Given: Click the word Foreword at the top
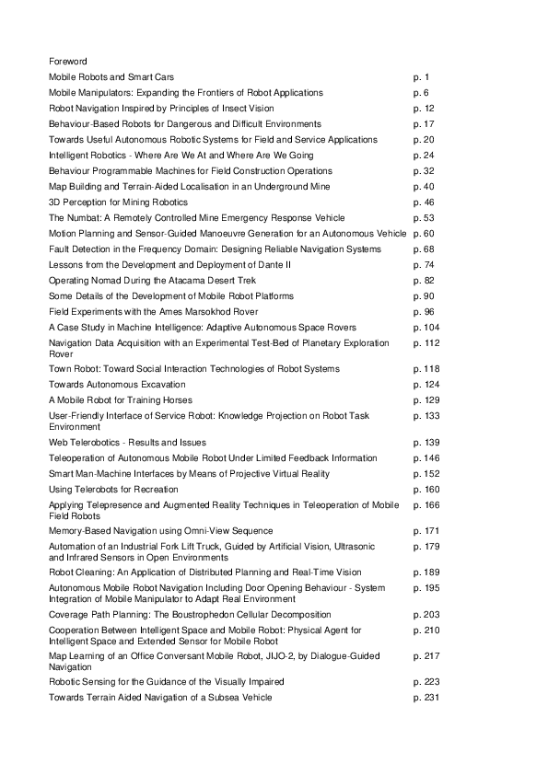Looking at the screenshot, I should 68,61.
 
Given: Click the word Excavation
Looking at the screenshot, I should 161,384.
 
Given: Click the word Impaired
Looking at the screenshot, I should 264,681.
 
